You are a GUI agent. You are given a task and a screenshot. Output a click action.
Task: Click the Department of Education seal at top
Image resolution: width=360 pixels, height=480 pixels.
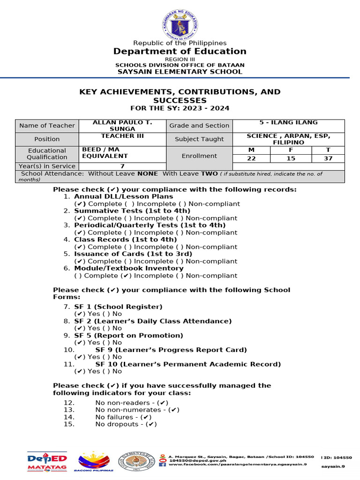coord(180,20)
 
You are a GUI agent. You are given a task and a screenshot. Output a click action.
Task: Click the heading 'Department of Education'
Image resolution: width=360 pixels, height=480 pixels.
coord(180,51)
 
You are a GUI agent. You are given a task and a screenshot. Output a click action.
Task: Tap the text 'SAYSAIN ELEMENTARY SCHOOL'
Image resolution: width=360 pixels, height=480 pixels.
coord(180,72)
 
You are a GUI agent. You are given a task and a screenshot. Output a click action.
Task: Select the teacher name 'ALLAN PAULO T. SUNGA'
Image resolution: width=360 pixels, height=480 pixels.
coord(122,126)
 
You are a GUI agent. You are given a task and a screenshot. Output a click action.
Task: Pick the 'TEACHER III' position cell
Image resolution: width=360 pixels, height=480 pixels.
coord(122,136)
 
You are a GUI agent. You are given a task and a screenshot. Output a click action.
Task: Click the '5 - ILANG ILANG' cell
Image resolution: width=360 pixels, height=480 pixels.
coord(288,123)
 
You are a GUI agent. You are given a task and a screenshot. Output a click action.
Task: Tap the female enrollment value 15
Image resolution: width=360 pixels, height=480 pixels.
coord(291,158)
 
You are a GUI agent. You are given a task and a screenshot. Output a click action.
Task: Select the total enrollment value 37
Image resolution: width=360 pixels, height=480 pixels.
coord(328,158)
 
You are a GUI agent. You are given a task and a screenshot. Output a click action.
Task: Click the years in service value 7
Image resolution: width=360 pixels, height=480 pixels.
coord(122,166)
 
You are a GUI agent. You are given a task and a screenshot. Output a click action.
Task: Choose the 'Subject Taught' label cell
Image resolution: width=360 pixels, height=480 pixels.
coord(199,139)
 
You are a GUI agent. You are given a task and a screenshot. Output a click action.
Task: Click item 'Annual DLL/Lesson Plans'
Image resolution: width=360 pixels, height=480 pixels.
coord(123,197)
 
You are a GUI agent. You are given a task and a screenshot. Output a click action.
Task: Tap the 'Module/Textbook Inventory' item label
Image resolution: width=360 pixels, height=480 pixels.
coord(128,269)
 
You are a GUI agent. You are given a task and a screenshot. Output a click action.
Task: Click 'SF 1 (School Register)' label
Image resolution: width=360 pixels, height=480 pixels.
coord(118,307)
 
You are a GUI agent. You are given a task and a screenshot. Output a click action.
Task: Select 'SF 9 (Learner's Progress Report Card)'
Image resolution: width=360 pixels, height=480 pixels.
coord(171,350)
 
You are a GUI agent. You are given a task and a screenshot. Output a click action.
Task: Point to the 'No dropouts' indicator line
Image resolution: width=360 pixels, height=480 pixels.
coord(125,424)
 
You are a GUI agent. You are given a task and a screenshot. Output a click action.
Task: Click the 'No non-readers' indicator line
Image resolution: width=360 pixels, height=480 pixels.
coord(131,403)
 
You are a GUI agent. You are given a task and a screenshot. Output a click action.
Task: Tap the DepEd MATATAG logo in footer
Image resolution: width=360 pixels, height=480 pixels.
coord(47,461)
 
